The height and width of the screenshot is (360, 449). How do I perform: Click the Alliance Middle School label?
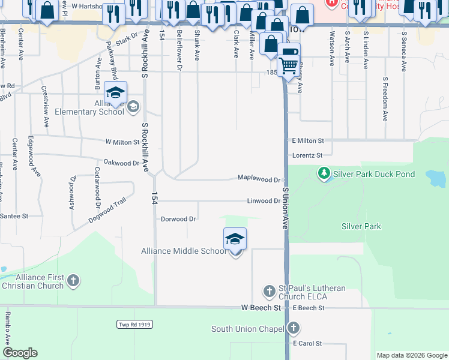pyautogui.click(x=184, y=251)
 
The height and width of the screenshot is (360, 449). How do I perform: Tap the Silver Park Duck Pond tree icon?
pyautogui.click(x=324, y=174)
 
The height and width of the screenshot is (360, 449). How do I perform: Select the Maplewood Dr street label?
pyautogui.click(x=259, y=179)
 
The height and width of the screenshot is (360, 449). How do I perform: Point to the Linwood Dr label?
pyautogui.click(x=264, y=201)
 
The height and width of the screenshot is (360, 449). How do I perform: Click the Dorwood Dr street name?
pyautogui.click(x=178, y=219)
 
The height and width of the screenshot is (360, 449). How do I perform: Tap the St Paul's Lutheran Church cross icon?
pyautogui.click(x=270, y=292)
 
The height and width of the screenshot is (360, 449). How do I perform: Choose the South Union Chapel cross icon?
pyautogui.click(x=293, y=328)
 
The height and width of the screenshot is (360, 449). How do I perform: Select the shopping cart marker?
pyautogui.click(x=289, y=62)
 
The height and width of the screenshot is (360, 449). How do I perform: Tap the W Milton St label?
pyautogui.click(x=122, y=142)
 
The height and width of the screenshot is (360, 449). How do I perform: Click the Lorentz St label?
pyautogui.click(x=307, y=155)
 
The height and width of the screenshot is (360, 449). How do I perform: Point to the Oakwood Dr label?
pyautogui.click(x=121, y=163)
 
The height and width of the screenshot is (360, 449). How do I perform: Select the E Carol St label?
pyautogui.click(x=307, y=344)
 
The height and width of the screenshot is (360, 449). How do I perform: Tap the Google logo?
pyautogui.click(x=20, y=352)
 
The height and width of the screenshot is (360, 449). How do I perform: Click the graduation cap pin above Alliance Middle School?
pyautogui.click(x=235, y=239)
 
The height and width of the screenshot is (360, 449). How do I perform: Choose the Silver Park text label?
pyautogui.click(x=361, y=226)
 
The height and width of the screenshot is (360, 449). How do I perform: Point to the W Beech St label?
pyautogui.click(x=261, y=308)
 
